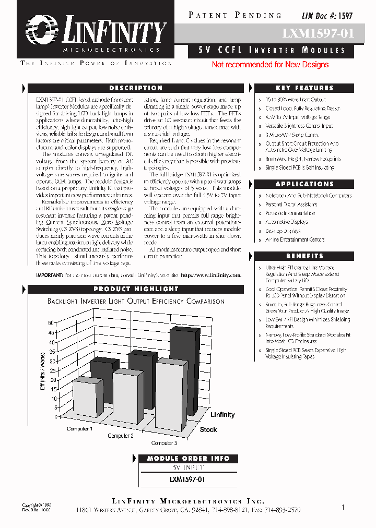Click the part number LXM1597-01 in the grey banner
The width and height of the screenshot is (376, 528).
(x=318, y=34)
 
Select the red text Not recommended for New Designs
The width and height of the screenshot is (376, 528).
(x=270, y=65)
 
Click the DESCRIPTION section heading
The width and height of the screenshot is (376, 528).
(x=136, y=88)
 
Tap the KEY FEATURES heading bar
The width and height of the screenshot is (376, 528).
(x=304, y=88)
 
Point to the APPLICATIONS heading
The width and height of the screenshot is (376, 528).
(x=304, y=184)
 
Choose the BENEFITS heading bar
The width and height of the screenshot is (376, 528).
(x=304, y=256)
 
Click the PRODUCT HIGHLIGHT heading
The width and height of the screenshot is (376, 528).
(x=136, y=289)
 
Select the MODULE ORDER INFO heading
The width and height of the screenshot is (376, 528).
(x=188, y=458)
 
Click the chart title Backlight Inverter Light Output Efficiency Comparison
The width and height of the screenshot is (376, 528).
(x=136, y=301)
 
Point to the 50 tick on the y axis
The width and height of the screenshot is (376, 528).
(x=51, y=323)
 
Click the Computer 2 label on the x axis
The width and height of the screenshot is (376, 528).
(x=121, y=436)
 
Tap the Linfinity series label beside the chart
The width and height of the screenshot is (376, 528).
(x=222, y=415)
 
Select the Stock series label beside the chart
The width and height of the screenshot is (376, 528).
(x=208, y=429)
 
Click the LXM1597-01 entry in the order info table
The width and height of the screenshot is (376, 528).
(x=188, y=479)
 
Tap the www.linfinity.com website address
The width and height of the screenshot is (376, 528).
(x=211, y=275)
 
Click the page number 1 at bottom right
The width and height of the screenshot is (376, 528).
(x=343, y=507)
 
